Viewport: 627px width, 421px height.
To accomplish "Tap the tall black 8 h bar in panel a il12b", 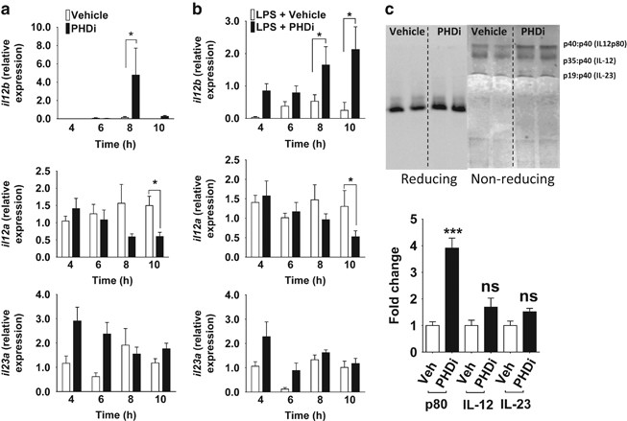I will [136, 96].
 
